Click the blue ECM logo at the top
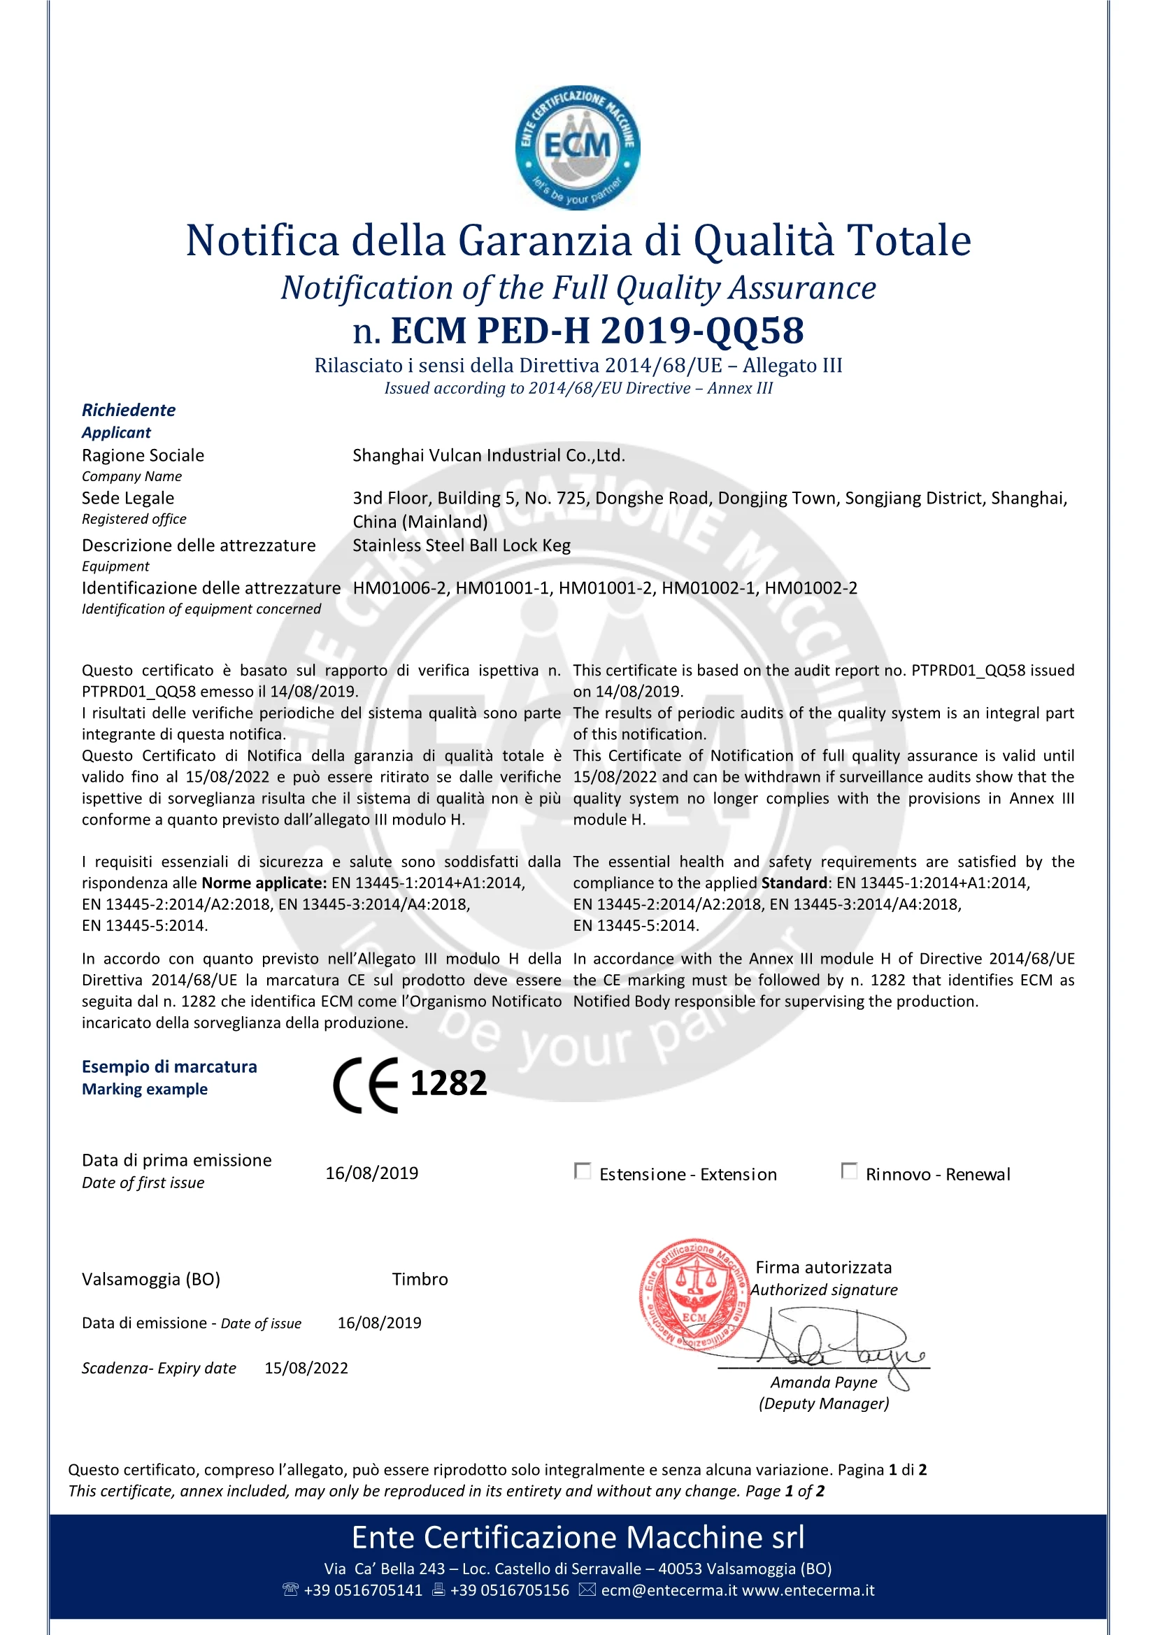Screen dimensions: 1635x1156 (x=577, y=148)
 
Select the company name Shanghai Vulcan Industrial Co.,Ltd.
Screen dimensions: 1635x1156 (x=489, y=455)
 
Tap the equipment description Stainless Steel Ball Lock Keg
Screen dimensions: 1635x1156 (x=462, y=545)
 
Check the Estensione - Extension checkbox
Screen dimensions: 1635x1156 (x=582, y=1171)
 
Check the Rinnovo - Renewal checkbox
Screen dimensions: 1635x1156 (x=849, y=1171)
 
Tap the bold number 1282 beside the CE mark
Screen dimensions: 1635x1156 (x=449, y=1083)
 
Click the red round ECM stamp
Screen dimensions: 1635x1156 (x=694, y=1294)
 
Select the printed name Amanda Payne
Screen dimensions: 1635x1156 (x=823, y=1383)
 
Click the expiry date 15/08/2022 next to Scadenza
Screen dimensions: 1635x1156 (x=306, y=1368)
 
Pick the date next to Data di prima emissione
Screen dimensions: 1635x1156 (x=372, y=1173)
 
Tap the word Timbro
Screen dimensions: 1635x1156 (x=420, y=1279)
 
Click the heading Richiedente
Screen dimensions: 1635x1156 (x=129, y=410)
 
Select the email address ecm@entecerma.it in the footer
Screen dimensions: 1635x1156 (x=669, y=1590)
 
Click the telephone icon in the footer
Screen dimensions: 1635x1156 (x=291, y=1590)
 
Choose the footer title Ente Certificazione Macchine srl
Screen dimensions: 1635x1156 (x=578, y=1537)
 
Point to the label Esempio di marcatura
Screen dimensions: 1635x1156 (x=169, y=1066)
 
